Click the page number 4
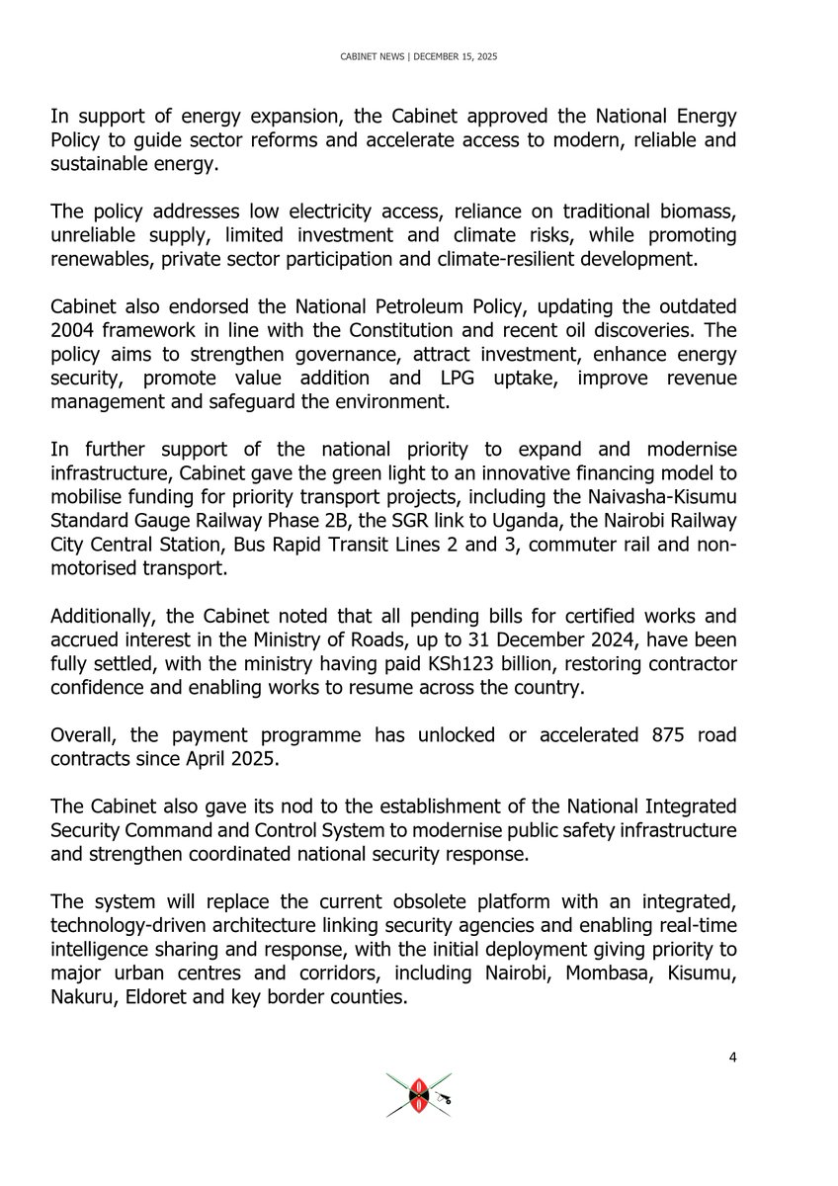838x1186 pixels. [732, 1059]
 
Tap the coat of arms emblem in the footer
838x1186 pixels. [419, 1095]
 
